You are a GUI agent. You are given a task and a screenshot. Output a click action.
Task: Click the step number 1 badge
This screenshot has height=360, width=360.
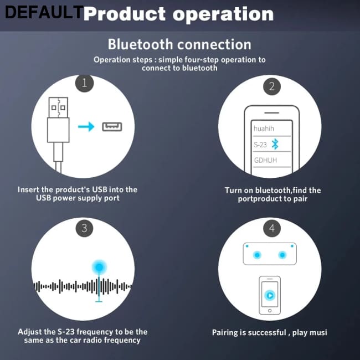(85, 83)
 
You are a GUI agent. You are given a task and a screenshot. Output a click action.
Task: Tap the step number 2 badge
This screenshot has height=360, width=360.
(272, 86)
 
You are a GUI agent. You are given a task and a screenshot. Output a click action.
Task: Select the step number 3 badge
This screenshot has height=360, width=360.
(85, 228)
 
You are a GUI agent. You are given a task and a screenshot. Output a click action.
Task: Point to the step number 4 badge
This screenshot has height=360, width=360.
(272, 228)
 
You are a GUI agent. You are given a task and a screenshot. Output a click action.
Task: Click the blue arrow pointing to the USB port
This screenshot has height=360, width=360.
(86, 127)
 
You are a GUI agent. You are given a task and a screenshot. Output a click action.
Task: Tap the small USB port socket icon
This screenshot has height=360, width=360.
(112, 127)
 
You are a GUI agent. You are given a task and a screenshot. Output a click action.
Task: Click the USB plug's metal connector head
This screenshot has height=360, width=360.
(58, 107)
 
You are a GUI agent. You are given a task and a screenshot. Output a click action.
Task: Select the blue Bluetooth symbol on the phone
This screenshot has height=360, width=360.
(275, 144)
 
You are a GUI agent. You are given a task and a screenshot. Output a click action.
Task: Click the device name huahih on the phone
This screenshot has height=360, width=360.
(264, 128)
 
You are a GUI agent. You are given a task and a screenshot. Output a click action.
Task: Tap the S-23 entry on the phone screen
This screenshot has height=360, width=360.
(260, 145)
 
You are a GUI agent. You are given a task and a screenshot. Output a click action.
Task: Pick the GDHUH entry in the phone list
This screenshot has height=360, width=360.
(265, 160)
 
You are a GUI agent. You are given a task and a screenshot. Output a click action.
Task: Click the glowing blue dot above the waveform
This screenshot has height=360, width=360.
(99, 267)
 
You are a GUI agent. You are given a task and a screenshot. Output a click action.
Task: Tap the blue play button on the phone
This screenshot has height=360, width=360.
(270, 295)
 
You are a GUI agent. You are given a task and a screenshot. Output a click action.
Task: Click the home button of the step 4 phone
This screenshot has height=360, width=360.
(270, 311)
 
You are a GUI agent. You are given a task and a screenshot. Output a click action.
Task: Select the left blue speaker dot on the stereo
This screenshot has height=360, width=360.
(257, 255)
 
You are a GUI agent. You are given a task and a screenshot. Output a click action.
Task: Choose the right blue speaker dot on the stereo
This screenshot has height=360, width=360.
(282, 255)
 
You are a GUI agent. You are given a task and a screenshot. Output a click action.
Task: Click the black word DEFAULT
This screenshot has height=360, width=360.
(44, 12)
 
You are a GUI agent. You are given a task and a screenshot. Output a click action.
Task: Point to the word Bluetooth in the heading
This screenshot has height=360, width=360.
(140, 44)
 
